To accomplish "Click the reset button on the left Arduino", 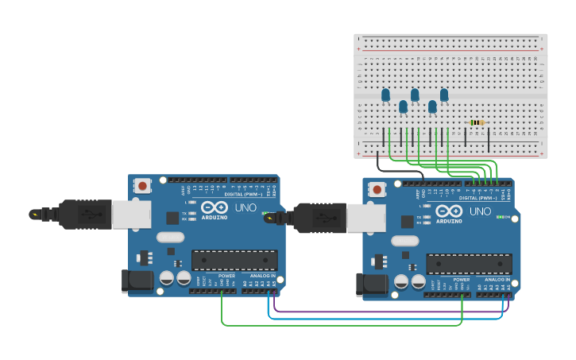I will [x=142, y=186].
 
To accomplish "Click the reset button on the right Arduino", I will [x=377, y=189].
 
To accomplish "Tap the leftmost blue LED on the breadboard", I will [x=385, y=95].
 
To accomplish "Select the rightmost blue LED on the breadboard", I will [x=444, y=95].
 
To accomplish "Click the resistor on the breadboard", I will [x=477, y=122].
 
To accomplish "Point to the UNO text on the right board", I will [x=480, y=211].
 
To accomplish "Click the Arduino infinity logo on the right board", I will [x=449, y=211].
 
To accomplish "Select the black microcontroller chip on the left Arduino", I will [x=234, y=260].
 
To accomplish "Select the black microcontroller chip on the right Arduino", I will [x=469, y=264].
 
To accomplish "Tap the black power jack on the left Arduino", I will [x=135, y=281].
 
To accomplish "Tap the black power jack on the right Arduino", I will [x=370, y=285].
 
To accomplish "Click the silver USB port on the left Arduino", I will [x=131, y=214].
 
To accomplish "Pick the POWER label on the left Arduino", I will [x=227, y=277].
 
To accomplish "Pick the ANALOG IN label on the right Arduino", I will [x=497, y=280].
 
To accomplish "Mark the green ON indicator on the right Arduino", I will [x=502, y=217].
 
